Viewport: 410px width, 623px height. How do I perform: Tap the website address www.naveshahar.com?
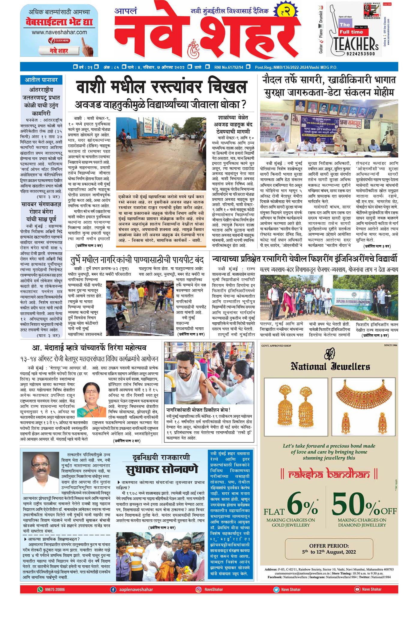click(x=59, y=32)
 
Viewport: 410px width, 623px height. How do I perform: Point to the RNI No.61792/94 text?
click(x=229, y=67)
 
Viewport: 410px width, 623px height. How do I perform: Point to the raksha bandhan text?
click(x=329, y=474)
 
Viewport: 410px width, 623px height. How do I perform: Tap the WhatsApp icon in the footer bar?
click(x=40, y=589)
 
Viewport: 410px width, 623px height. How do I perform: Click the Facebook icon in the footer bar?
click(x=113, y=589)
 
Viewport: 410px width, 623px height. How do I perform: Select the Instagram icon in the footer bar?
click(x=198, y=589)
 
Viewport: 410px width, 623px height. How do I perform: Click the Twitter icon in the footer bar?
click(x=276, y=589)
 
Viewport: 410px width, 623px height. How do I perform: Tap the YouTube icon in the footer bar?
click(x=357, y=589)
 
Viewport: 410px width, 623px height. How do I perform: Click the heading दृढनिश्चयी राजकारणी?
click(x=161, y=457)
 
